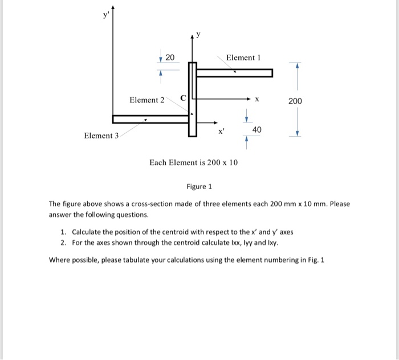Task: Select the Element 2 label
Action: coord(146,100)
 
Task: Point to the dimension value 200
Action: coord(295,101)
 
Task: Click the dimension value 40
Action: coord(257,130)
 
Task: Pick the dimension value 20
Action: coord(170,57)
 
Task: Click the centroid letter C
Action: coord(183,97)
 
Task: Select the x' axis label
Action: coord(222,131)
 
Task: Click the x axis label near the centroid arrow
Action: coord(257,100)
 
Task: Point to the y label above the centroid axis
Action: coord(198,35)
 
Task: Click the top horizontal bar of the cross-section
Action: coord(234,72)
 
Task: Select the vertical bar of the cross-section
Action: coord(193,99)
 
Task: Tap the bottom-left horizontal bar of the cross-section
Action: coord(150,119)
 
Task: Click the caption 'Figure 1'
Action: coord(199,186)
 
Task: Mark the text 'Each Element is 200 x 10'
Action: coord(193,163)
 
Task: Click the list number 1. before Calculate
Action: coord(63,232)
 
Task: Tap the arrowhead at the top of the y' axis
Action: coord(113,7)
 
